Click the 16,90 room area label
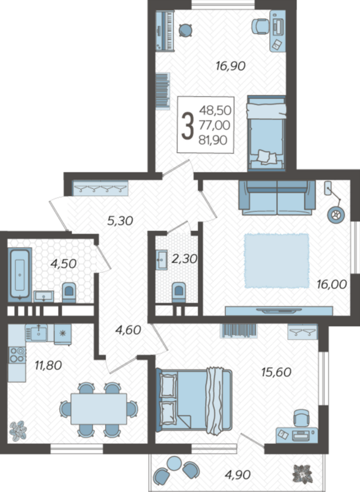pos(230,66)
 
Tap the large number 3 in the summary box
pos(188,126)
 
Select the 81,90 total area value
pos(213,140)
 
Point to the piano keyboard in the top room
pos(165,31)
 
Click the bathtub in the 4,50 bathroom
pos(20,275)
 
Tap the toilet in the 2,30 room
pos(179,293)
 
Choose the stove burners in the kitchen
pos(17,354)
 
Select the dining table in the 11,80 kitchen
pos(99,409)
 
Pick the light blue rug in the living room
pos(277,261)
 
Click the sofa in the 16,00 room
pos(277,198)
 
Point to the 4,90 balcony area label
pos(238,475)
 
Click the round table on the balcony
pos(174,463)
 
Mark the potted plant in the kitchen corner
pos(18,430)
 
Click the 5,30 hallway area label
pos(120,221)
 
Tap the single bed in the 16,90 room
pos(266,133)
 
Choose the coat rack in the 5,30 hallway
pos(100,188)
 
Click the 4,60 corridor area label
pos(129,330)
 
